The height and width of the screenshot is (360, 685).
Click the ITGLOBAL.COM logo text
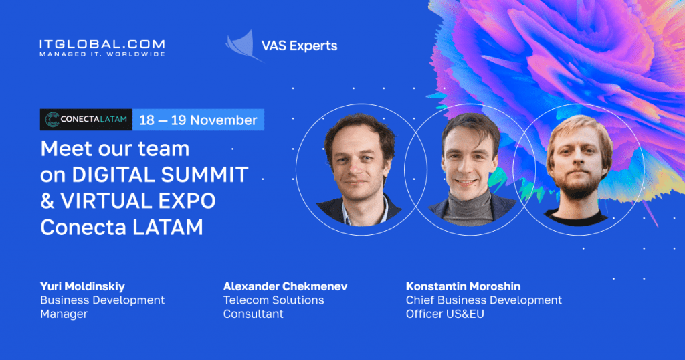point(102,44)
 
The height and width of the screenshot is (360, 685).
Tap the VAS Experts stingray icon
point(241,46)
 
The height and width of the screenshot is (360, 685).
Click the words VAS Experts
point(299,46)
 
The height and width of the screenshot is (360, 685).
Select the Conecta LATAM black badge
point(86,120)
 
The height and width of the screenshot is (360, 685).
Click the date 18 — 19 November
point(198,120)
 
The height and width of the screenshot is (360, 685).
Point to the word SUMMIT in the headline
point(205,175)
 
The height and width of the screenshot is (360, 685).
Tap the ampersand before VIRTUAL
point(47,201)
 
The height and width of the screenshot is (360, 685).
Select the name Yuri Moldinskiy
point(82,286)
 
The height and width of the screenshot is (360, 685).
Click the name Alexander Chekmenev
point(285,286)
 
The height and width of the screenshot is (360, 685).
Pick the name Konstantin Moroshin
point(463,286)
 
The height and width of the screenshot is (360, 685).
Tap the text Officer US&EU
point(445,314)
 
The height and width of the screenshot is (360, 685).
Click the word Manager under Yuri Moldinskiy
point(64,314)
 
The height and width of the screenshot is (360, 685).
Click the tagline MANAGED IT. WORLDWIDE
point(102,54)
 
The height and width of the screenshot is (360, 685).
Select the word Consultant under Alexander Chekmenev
point(254,314)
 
